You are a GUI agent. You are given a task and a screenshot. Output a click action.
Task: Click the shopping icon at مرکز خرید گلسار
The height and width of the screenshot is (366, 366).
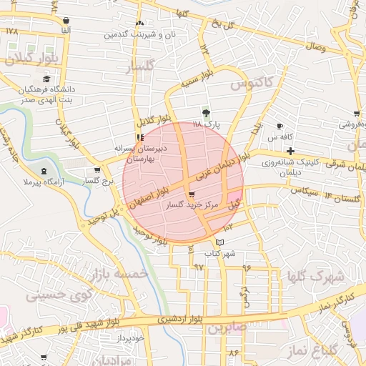(x=191, y=195)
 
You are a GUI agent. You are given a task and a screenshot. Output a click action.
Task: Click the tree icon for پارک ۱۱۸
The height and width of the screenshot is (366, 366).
(x=207, y=113)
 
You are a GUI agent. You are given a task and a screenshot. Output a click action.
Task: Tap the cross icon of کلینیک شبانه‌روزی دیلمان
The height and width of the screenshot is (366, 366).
(x=290, y=151)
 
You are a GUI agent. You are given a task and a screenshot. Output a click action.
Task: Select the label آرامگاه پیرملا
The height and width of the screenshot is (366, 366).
(x=44, y=183)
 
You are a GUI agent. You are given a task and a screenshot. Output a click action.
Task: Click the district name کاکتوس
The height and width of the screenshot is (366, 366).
(x=252, y=84)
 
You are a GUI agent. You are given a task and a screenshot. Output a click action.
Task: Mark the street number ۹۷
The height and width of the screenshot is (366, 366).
(x=199, y=267)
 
